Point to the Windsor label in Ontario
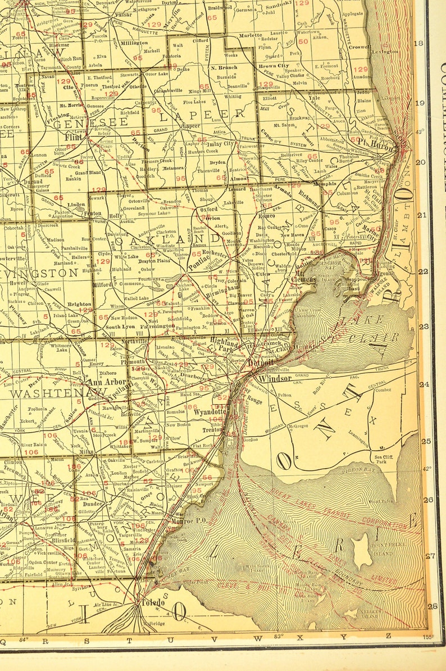[x=274, y=378]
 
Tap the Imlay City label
[x=220, y=143]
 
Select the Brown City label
[x=274, y=66]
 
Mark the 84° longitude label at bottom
[x=22, y=638]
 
